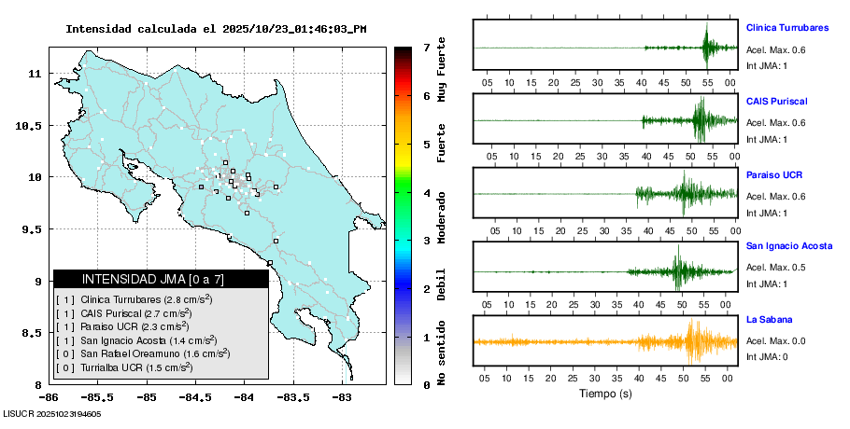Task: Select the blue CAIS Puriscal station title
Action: pyautogui.click(x=776, y=101)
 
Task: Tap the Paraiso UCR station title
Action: pyautogui.click(x=774, y=174)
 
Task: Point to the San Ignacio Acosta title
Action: pyautogui.click(x=789, y=246)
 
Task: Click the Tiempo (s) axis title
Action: pyautogui.click(x=605, y=394)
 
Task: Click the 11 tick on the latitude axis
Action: pyautogui.click(x=35, y=73)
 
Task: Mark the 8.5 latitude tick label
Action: pyautogui.click(x=32, y=333)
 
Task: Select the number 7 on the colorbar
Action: pyautogui.click(x=426, y=47)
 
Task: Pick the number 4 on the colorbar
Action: pyautogui.click(x=426, y=193)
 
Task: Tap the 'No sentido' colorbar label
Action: pyautogui.click(x=442, y=354)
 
